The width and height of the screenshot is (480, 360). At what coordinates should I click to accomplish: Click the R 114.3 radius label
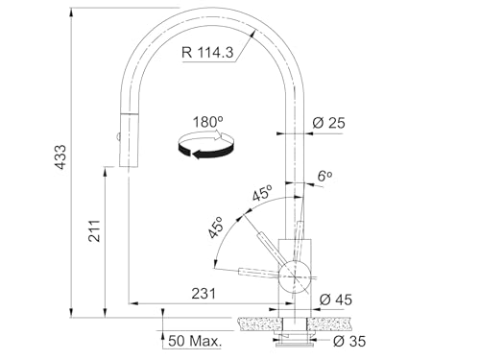pos(207,52)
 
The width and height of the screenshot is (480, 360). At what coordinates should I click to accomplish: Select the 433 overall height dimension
pos(60,156)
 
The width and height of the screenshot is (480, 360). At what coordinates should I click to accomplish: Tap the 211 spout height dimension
pos(94,230)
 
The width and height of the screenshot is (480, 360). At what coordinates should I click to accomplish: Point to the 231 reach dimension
pos(204,293)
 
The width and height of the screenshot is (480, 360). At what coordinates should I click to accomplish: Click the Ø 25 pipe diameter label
pos(328,123)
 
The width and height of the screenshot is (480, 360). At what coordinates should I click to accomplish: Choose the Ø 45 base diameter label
pos(336,300)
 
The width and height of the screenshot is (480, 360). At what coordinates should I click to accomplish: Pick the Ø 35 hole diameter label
pos(348,341)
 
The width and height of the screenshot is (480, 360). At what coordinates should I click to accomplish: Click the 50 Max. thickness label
pos(195,341)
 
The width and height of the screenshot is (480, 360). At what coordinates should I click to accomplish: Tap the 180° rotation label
pos(207,122)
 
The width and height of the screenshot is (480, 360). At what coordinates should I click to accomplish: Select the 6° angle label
pos(324,176)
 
